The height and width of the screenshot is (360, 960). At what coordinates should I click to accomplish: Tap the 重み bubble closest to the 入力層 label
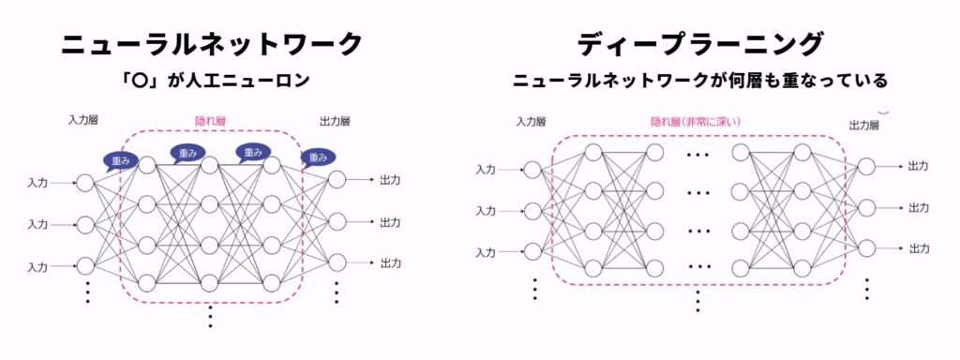pos(121,161)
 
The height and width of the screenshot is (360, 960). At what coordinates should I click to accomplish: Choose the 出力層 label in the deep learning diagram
pos(863,125)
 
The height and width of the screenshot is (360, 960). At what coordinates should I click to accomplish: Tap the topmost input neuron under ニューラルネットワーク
pos(85,183)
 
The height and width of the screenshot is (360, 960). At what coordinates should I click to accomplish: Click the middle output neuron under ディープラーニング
pos(866,207)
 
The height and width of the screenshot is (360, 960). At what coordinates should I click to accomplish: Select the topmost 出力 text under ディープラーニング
pos(919,166)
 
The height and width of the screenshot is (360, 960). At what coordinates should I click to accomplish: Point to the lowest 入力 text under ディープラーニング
pos(485,252)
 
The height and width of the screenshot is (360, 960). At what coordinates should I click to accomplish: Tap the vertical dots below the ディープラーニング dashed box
pos(698,299)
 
